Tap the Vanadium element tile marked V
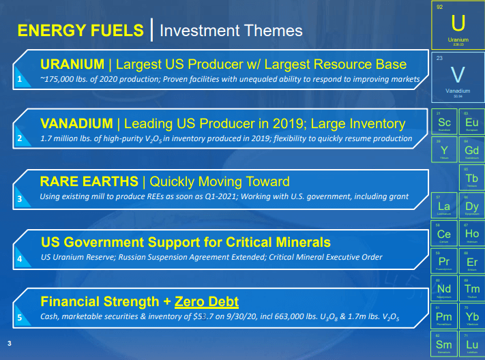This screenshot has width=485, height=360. (458, 76)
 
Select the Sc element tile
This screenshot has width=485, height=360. (444, 122)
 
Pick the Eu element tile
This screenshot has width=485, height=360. (471, 122)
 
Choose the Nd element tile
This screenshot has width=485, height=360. (444, 289)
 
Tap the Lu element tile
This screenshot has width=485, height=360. (471, 344)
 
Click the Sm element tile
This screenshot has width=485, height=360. (444, 344)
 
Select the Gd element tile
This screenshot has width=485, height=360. (471, 150)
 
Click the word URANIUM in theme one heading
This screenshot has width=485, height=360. (72, 65)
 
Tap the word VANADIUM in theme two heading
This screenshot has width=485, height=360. (76, 123)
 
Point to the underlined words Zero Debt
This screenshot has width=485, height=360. (207, 301)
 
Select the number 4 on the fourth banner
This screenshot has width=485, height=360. (20, 258)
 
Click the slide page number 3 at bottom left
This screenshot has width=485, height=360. (8, 342)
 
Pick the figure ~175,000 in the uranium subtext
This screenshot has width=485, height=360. (61, 80)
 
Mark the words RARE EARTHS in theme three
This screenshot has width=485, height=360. (89, 182)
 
